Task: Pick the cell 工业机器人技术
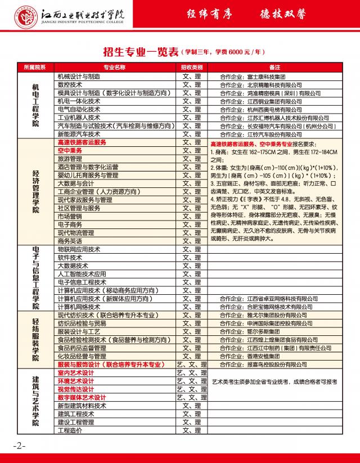click(79, 118)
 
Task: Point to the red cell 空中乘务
click(70, 151)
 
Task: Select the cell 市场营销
click(70, 216)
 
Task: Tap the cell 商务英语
click(70, 241)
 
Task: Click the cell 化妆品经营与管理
click(82, 356)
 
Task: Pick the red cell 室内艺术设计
click(76, 373)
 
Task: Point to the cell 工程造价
click(70, 430)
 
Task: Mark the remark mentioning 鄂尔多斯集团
click(250, 331)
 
